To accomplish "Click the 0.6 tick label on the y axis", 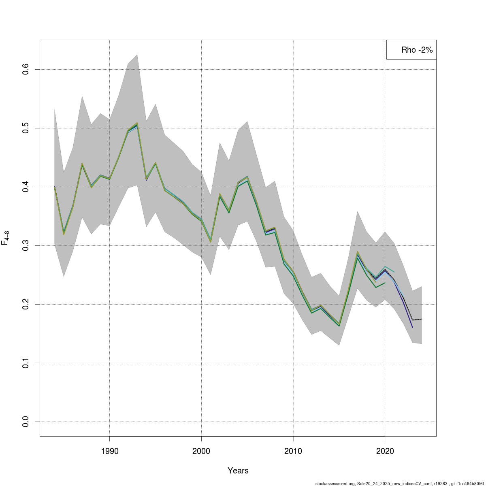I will click(x=26, y=69).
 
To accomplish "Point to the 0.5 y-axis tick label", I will click(x=26, y=128).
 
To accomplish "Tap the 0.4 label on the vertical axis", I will click(x=26, y=187).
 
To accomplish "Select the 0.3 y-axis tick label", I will click(x=26, y=245).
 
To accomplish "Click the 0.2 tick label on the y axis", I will click(x=26, y=304).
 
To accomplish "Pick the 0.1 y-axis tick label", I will click(x=26, y=363).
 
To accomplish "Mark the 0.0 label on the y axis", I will click(x=26, y=422).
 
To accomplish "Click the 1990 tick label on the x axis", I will click(x=109, y=451).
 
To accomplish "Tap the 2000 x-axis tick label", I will click(x=201, y=451).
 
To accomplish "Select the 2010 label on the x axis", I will click(x=293, y=451).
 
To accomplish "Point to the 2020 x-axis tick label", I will click(x=385, y=451).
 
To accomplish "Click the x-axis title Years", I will click(x=238, y=471).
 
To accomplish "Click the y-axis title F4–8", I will click(x=6, y=238).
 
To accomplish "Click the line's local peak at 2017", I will click(x=357, y=253).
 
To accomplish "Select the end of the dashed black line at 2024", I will click(x=422, y=319).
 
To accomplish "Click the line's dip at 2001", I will click(x=211, y=241).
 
